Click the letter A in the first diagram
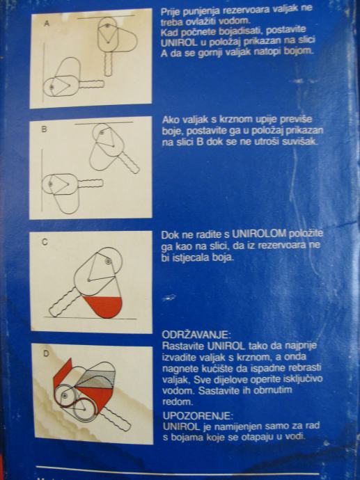[x=47, y=23]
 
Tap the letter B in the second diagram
[x=45, y=129]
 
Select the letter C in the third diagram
[x=45, y=242]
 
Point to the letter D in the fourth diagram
[x=46, y=354]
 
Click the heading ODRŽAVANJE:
[x=195, y=334]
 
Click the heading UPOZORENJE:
[x=198, y=416]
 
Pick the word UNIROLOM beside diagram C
[x=259, y=234]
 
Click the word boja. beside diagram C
[x=223, y=257]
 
